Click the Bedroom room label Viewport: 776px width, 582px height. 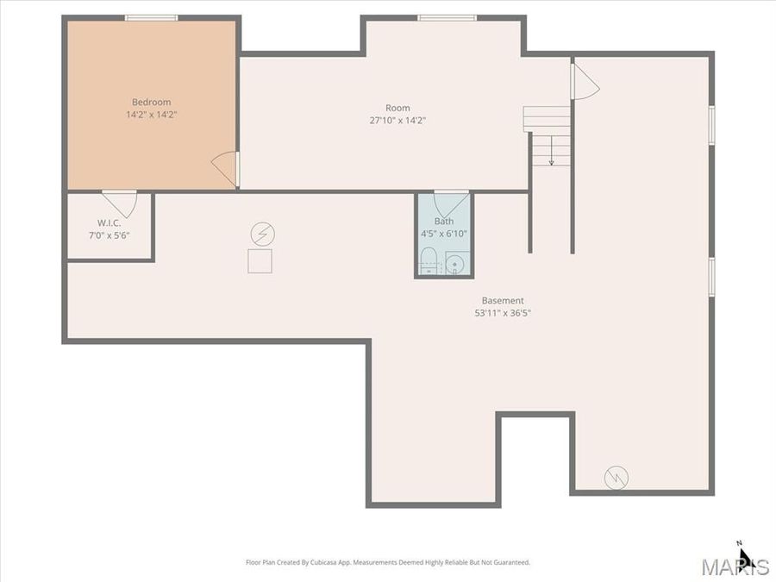click(x=151, y=102)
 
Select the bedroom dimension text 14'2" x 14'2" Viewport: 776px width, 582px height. click(x=151, y=114)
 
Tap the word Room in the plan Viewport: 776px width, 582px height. click(x=397, y=108)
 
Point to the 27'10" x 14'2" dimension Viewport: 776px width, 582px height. click(x=397, y=121)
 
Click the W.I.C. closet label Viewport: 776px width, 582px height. click(x=109, y=222)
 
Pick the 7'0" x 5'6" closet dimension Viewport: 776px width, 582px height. click(x=109, y=235)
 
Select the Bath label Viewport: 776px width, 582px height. click(x=443, y=222)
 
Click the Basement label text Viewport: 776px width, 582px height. click(x=502, y=301)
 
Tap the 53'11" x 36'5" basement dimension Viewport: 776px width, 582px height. click(x=502, y=313)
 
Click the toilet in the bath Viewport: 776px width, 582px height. click(x=429, y=265)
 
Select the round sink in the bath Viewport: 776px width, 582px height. click(x=456, y=263)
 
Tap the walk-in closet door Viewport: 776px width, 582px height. click(x=120, y=203)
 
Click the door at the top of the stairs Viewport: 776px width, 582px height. click(x=585, y=82)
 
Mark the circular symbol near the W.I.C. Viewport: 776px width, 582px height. click(x=260, y=233)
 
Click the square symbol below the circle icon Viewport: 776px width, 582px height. click(x=260, y=260)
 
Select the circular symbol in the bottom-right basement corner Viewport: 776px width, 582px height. click(x=616, y=477)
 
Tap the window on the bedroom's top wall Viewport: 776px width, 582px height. click(x=151, y=17)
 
